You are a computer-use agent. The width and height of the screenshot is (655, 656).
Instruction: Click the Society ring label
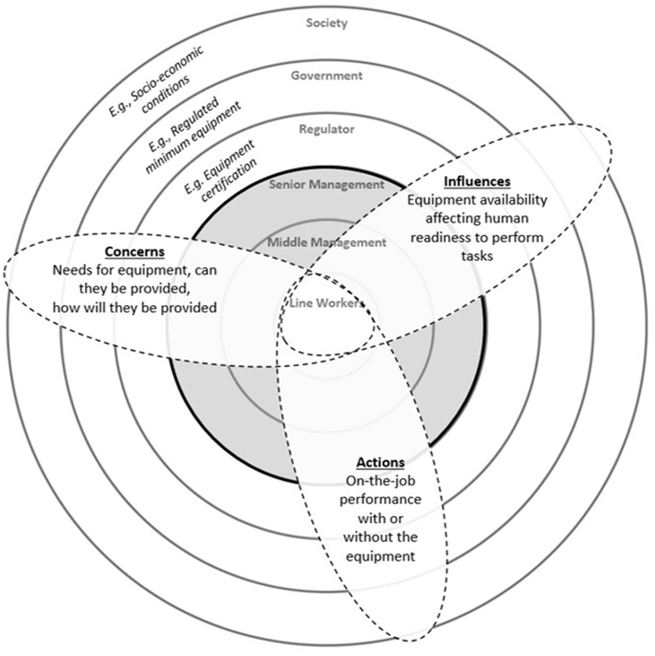tap(326, 23)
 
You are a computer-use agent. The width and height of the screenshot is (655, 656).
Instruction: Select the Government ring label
tap(326, 76)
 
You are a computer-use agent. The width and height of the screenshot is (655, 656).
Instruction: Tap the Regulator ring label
tap(326, 129)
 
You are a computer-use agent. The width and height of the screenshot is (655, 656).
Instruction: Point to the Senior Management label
tap(326, 184)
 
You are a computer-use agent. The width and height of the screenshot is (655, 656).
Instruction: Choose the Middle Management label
tap(326, 242)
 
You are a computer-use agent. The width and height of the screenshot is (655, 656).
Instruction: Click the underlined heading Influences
tap(477, 181)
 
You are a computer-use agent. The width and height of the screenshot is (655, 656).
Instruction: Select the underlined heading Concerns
tap(134, 252)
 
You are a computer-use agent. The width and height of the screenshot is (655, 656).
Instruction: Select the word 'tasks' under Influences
tap(477, 256)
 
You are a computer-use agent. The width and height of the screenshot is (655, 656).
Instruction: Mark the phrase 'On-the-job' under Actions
tap(380, 481)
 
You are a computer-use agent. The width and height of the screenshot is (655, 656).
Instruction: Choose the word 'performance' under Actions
tap(380, 500)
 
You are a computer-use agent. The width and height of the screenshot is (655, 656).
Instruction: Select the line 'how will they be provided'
tap(134, 308)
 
